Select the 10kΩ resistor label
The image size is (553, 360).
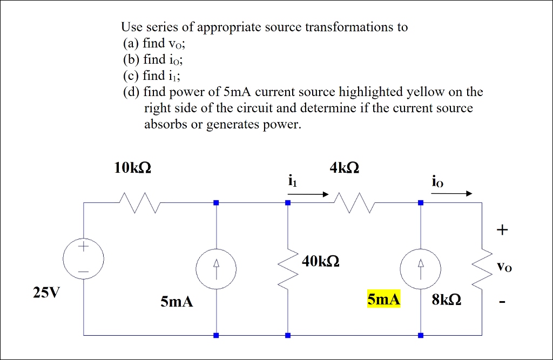pyautogui.click(x=133, y=168)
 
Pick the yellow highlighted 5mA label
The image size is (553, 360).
pyautogui.click(x=383, y=300)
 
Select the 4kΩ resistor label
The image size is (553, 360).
pyautogui.click(x=344, y=168)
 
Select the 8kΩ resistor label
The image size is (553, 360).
pyautogui.click(x=446, y=300)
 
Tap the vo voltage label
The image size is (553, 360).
pyautogui.click(x=503, y=266)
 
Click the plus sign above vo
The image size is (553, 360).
pyautogui.click(x=503, y=230)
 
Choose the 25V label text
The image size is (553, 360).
pyautogui.click(x=46, y=293)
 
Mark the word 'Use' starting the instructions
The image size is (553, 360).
pyautogui.click(x=131, y=27)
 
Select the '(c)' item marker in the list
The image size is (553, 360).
pyautogui.click(x=130, y=76)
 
